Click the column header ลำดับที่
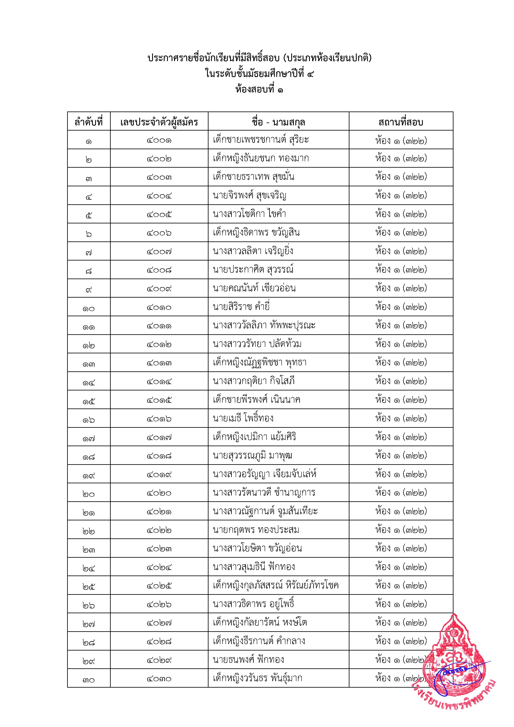pos(89,122)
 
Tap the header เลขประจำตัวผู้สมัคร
pos(159,122)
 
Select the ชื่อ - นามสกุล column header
pos(278,122)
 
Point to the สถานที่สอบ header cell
pos(401,122)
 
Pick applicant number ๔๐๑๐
pos(159,307)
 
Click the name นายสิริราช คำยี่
pos(241,307)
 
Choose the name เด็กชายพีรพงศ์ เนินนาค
pos(257,400)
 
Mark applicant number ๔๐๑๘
pos(159,456)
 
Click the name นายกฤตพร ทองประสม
pos(256,530)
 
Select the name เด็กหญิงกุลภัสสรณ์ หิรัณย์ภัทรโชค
pos(275,585)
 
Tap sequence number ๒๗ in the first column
pos(89,623)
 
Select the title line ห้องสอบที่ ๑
pos(259,90)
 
